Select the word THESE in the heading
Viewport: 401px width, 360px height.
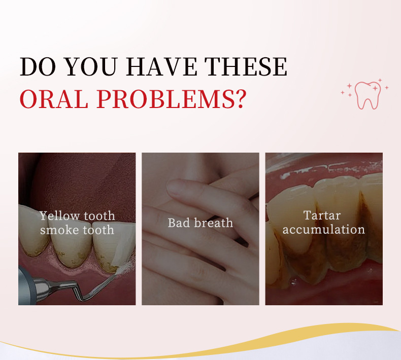click(246, 67)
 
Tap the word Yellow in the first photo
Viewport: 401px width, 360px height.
click(60, 216)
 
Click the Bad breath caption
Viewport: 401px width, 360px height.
click(200, 223)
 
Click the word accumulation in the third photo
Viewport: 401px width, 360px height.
click(323, 229)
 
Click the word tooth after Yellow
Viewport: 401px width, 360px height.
click(99, 216)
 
